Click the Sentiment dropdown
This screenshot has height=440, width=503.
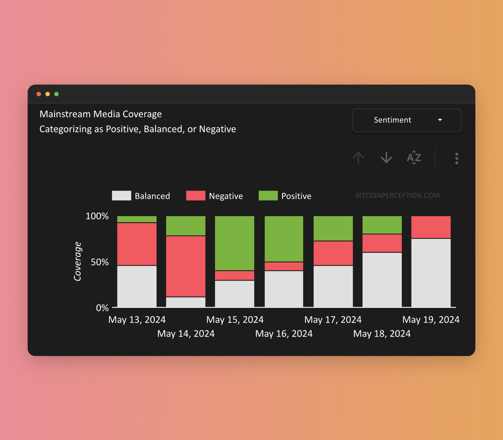click(x=407, y=120)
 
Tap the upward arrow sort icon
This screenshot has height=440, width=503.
click(x=358, y=157)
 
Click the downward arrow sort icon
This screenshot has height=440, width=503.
click(x=386, y=157)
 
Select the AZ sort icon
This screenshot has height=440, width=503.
click(x=414, y=157)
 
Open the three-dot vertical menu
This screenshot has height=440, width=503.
click(x=456, y=158)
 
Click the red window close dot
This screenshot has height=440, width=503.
click(x=39, y=94)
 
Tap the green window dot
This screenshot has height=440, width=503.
click(x=56, y=94)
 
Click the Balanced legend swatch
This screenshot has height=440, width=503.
click(x=121, y=196)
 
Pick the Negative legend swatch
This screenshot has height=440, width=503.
click(x=195, y=196)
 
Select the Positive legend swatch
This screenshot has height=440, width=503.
click(x=268, y=196)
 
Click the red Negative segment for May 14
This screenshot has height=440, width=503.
click(x=186, y=266)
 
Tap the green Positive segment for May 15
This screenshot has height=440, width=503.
click(x=235, y=243)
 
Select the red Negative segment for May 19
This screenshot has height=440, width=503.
click(x=431, y=227)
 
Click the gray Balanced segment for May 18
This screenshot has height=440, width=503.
click(x=382, y=279)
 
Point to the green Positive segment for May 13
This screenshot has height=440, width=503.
click(x=137, y=219)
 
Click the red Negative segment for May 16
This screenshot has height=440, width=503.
click(x=284, y=266)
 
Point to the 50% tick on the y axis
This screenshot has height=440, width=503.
click(x=100, y=262)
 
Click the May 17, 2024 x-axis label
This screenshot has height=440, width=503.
click(x=333, y=320)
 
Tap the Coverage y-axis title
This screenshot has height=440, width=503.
click(x=77, y=261)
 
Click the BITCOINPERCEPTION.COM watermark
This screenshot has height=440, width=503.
click(x=397, y=195)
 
